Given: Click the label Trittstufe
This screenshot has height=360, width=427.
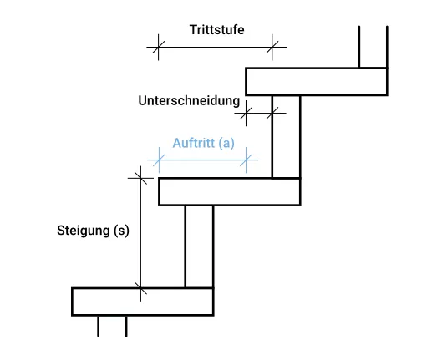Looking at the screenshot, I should tap(216, 29).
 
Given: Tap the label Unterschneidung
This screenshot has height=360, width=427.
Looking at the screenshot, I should tap(189, 99).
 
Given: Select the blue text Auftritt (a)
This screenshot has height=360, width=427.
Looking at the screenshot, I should tap(203, 143).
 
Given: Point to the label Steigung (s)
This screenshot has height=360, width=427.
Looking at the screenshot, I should tap(93, 231).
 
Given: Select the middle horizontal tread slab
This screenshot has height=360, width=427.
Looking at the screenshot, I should tap(229, 191).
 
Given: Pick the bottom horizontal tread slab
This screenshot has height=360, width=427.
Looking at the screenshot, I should tap(142, 301).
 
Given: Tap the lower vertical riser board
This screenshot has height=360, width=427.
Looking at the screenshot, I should tap(198, 246).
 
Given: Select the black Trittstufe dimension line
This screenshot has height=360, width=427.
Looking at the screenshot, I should tap(213, 47).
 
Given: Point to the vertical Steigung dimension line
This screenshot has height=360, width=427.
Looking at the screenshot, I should tap(140, 234).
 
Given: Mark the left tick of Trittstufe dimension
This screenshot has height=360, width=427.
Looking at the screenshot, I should tap(155, 47).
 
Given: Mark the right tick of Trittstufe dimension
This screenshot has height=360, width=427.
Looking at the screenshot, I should tap(272, 47).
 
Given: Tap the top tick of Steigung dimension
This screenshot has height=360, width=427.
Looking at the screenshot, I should tap(140, 177).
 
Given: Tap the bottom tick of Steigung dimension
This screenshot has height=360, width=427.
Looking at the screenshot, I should tap(140, 290).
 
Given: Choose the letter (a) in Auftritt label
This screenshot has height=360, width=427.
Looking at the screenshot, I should tap(226, 143).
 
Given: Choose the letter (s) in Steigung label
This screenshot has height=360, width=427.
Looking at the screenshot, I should tap(121, 231).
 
